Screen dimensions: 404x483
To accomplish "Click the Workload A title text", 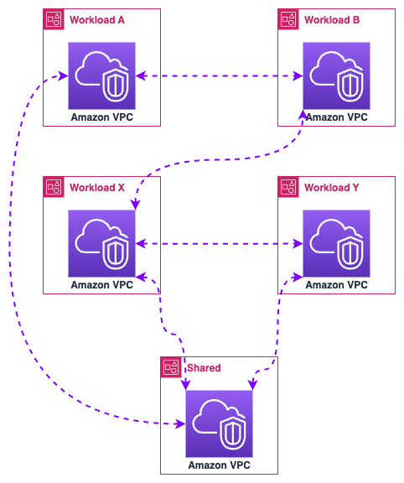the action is (97, 20).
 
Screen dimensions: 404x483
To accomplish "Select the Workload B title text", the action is (332, 20).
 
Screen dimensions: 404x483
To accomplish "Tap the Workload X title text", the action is (97, 188).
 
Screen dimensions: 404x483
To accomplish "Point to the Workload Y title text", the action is (332, 188).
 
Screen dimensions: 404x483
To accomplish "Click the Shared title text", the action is (204, 368).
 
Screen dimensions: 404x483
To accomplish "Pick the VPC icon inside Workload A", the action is (102, 75).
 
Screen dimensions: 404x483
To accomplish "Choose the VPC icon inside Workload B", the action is (337, 75).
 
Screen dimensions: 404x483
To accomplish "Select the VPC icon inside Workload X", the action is (102, 243).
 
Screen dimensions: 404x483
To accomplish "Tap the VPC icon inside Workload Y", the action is (337, 243).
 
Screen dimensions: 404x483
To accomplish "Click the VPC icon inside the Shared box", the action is (220, 423).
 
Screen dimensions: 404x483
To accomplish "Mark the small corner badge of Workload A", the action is (54, 19).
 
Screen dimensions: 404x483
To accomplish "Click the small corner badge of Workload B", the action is (288, 19).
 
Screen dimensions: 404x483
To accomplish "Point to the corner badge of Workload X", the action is (54, 187).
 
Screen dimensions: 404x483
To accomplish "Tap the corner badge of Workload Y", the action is (288, 187).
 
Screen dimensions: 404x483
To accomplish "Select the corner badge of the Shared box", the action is (171, 367).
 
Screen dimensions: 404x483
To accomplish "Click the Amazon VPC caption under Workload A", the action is (102, 117).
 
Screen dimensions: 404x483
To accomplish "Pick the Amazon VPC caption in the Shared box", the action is (220, 465).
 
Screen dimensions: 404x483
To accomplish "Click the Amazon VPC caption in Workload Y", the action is (337, 285).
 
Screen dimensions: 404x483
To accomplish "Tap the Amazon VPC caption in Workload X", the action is (102, 285).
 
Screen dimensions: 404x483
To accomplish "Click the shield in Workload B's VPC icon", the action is (350, 86).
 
